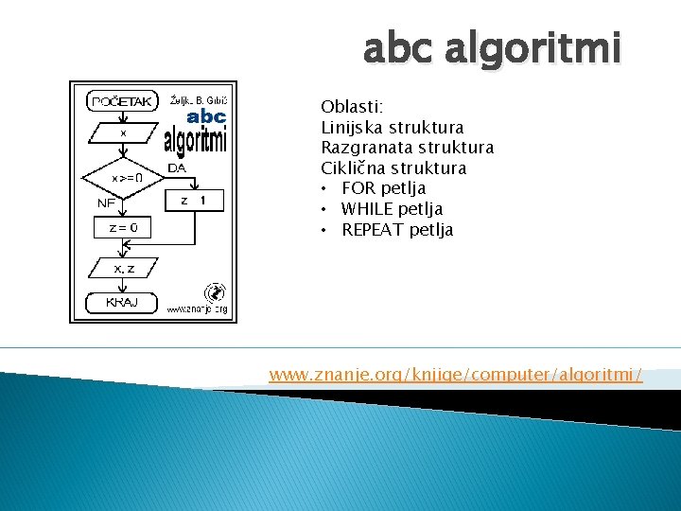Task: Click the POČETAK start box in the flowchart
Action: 123,100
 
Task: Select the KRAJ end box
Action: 122,302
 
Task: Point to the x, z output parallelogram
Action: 124,270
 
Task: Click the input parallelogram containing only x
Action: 123,134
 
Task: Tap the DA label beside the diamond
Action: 176,168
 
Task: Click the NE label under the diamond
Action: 107,203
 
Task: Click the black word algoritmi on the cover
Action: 196,140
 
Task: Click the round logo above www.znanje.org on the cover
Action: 215,292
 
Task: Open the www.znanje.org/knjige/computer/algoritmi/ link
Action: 456,375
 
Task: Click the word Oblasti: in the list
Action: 346,107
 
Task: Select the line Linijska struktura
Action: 393,128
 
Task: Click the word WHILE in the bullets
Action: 368,209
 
